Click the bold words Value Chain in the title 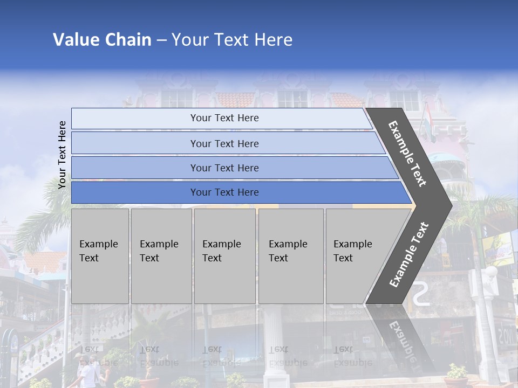click(102, 40)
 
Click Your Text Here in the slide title click(232, 40)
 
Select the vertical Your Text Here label click(63, 155)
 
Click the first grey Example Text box click(100, 256)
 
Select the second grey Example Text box click(161, 256)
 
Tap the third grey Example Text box click(224, 256)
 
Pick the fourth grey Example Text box click(291, 256)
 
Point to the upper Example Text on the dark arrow click(407, 154)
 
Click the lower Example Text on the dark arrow click(409, 254)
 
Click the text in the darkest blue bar click(224, 192)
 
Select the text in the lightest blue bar click(224, 118)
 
